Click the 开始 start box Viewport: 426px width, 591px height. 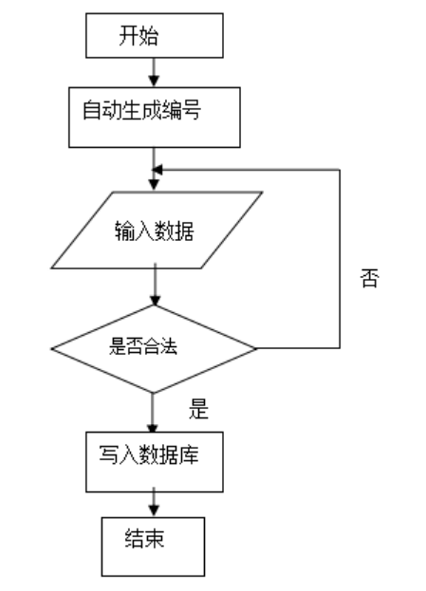[x=154, y=36]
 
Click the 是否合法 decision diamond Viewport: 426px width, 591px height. [x=153, y=347]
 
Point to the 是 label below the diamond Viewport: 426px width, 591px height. [x=198, y=410]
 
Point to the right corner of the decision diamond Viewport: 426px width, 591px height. [x=256, y=348]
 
